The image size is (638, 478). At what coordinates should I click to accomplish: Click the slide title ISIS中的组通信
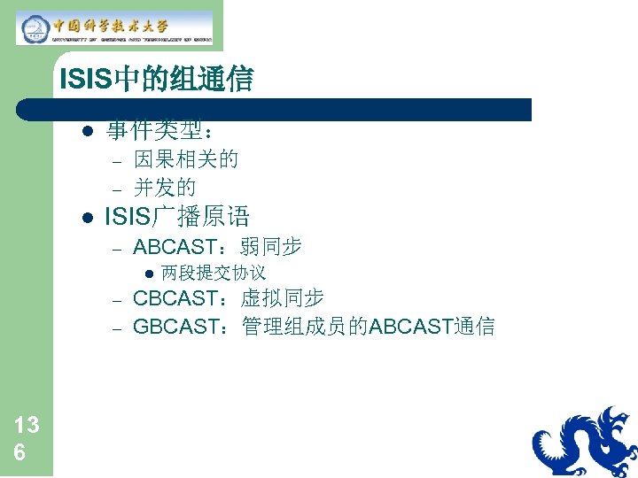(156, 81)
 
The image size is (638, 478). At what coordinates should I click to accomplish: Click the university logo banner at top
(114, 27)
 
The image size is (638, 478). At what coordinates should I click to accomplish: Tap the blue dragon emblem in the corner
(585, 443)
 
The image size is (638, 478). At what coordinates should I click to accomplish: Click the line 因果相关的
(185, 160)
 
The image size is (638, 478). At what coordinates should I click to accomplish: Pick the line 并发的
(165, 188)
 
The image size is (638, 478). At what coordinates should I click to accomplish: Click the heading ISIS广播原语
(177, 216)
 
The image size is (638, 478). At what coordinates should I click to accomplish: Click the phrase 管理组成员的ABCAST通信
(368, 327)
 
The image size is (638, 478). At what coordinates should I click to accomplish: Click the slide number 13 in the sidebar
(27, 426)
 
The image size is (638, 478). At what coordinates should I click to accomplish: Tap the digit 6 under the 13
(19, 452)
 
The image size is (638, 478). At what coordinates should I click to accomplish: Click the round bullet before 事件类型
(86, 132)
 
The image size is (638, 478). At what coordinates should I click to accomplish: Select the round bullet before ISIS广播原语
(86, 217)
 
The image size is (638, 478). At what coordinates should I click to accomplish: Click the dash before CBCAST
(115, 299)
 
